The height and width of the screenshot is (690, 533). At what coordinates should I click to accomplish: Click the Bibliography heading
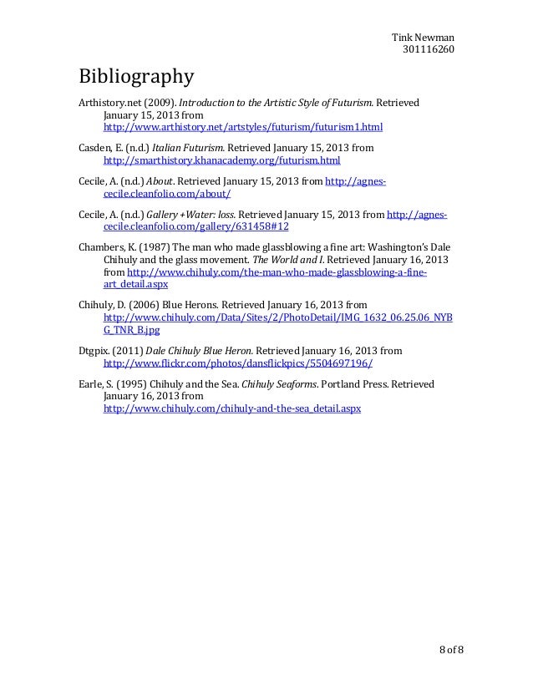[136, 78]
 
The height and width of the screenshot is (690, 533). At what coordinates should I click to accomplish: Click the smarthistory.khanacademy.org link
[221, 160]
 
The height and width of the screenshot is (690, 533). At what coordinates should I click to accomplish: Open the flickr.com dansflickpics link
[237, 364]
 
